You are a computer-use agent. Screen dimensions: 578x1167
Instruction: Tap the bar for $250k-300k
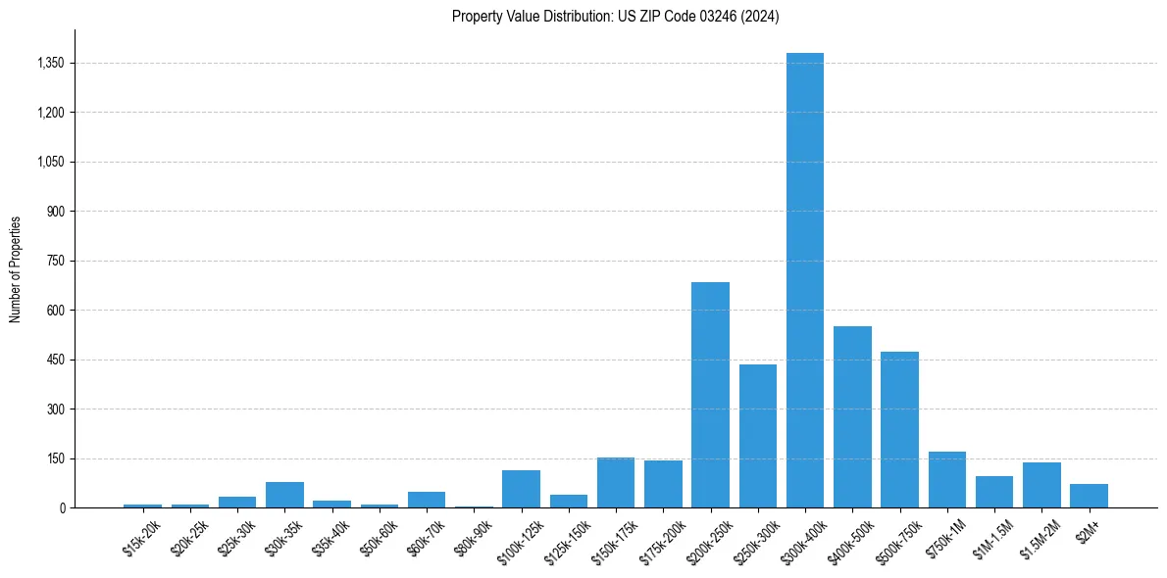(758, 436)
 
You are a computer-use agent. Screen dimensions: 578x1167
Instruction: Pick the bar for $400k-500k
(852, 416)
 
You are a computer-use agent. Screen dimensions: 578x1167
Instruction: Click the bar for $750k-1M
(947, 480)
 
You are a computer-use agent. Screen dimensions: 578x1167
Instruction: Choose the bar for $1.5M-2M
(1041, 485)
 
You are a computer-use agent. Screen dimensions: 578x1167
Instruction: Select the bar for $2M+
(1089, 496)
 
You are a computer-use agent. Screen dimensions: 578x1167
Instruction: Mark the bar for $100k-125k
(521, 489)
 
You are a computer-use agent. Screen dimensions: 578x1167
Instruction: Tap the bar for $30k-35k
(284, 495)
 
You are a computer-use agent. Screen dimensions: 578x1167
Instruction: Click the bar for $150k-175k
(616, 483)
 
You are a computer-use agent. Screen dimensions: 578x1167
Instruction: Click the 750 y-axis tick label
(55, 261)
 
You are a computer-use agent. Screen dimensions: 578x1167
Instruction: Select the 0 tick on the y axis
(62, 507)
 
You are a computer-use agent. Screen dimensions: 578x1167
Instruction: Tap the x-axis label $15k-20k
(143, 539)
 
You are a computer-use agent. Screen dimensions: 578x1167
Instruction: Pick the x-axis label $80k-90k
(475, 539)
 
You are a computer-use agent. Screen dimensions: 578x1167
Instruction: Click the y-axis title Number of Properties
(16, 268)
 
